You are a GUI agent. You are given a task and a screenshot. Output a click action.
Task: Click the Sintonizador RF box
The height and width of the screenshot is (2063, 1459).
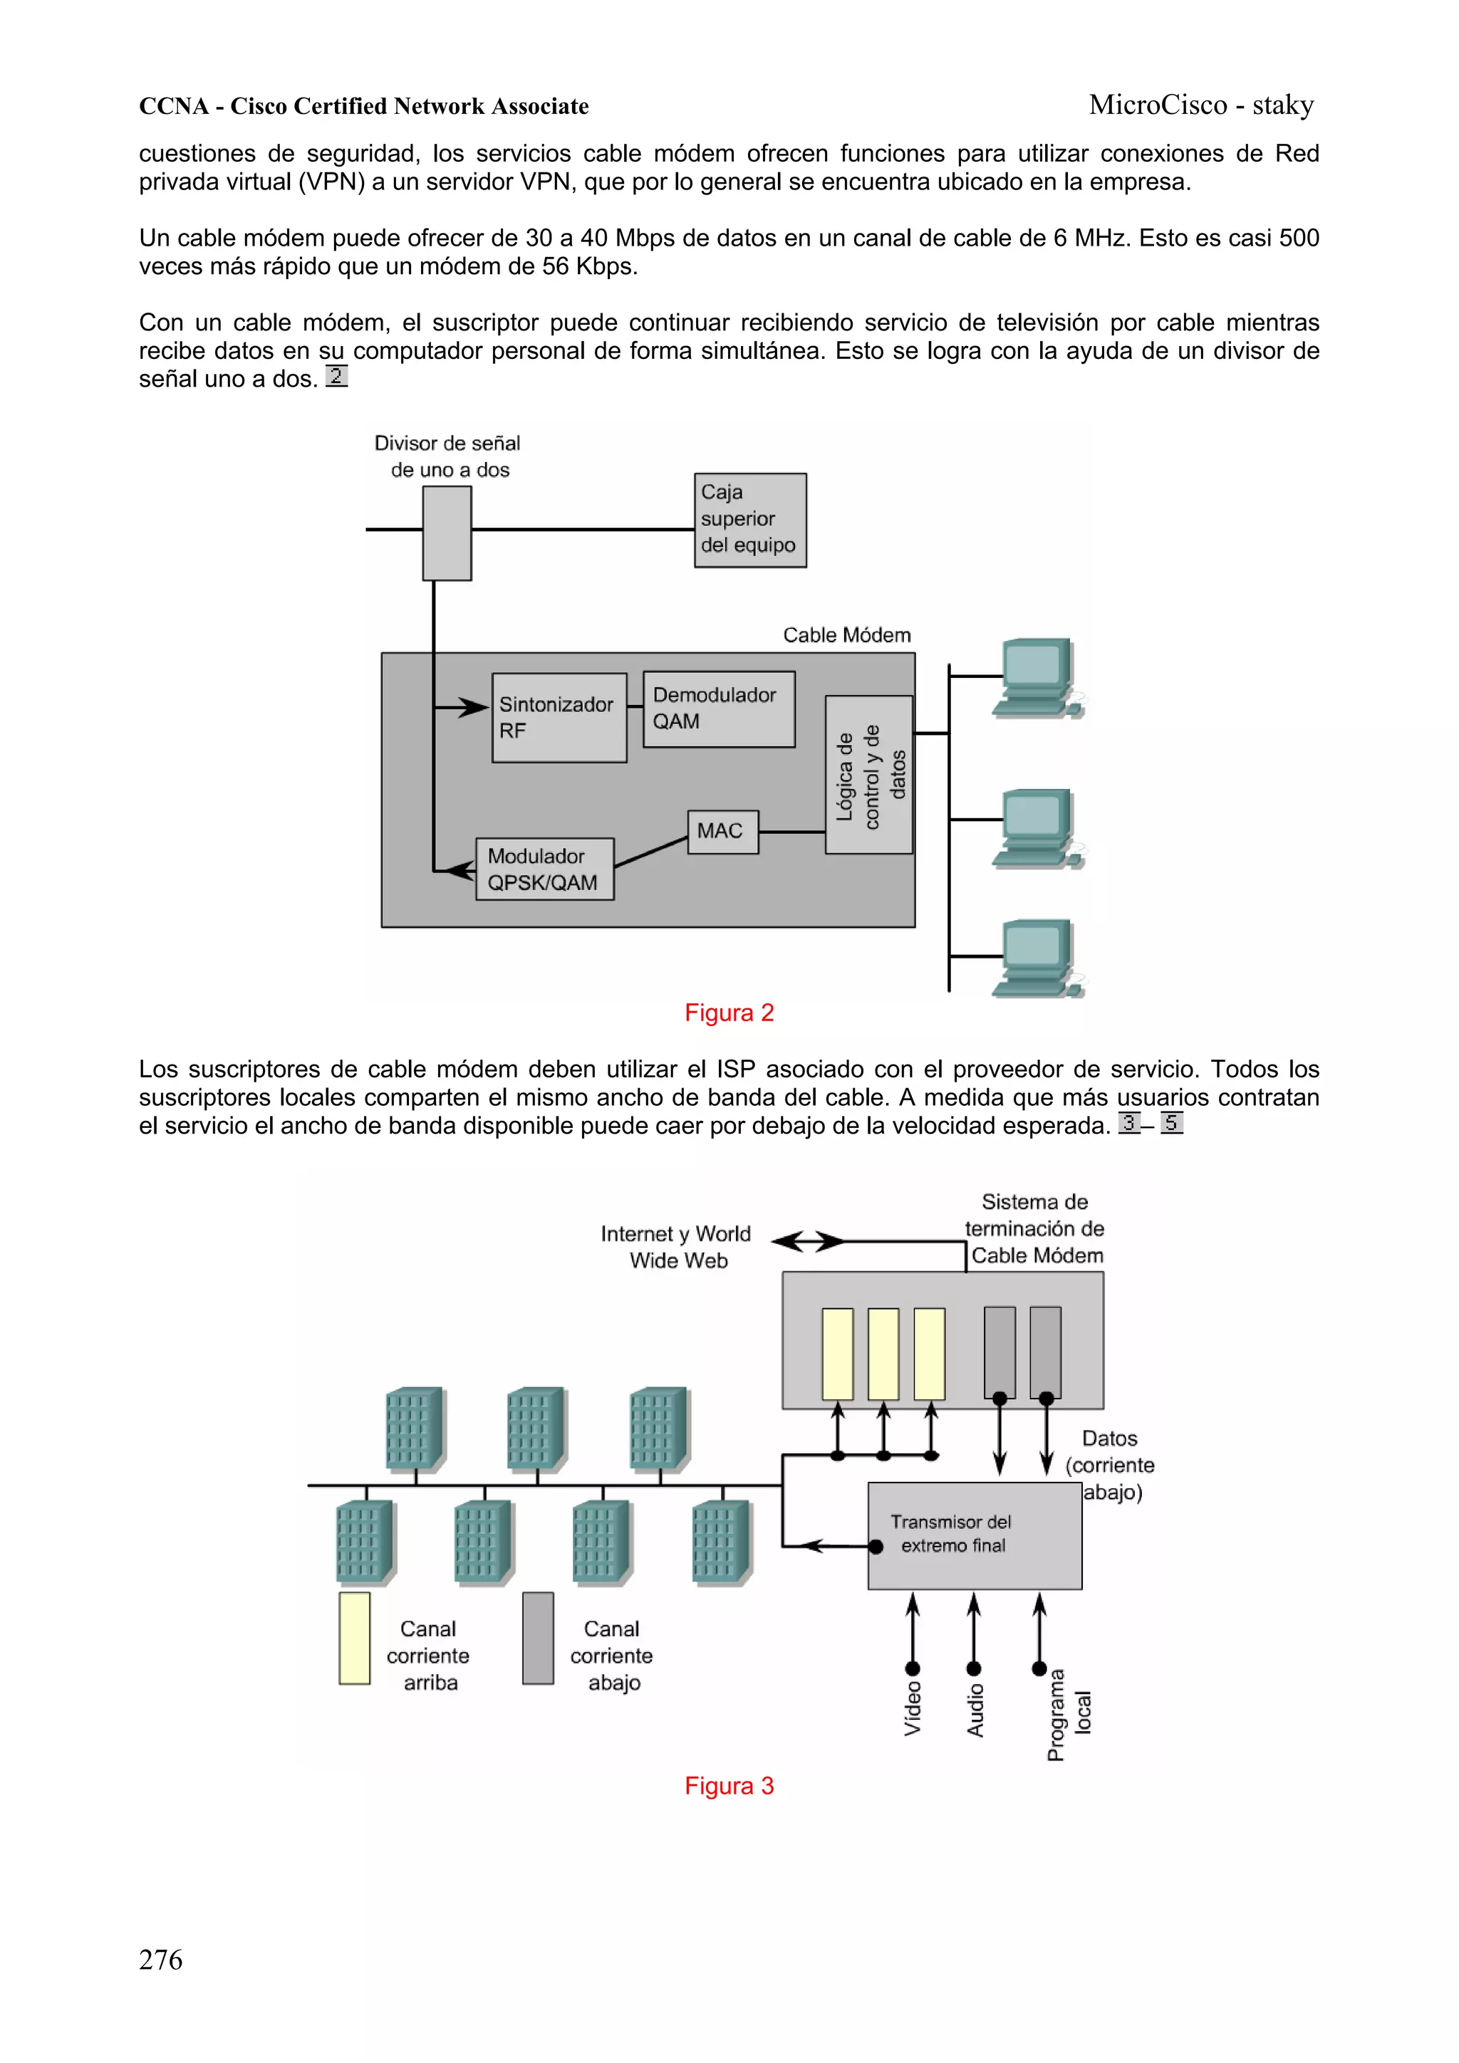click(559, 718)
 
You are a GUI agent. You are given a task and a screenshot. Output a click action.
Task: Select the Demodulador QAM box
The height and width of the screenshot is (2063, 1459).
click(718, 709)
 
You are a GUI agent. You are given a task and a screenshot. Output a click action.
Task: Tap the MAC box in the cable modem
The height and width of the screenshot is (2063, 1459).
click(722, 831)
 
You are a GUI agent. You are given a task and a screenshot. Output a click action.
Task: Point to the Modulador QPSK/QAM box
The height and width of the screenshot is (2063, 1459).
click(544, 869)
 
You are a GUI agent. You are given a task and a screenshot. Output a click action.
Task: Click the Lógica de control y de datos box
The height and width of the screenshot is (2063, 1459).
click(868, 775)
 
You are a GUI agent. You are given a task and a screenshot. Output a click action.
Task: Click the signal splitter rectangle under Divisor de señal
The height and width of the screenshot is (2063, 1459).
click(447, 533)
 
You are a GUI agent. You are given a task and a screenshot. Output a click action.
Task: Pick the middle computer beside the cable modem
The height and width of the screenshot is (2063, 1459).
click(1038, 827)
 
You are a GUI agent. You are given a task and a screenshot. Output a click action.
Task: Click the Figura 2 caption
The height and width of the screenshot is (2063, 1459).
click(729, 1013)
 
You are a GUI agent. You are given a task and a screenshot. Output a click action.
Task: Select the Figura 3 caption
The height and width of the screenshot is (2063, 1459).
click(729, 1785)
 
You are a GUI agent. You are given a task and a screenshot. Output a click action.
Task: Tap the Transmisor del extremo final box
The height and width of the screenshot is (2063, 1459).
click(974, 1535)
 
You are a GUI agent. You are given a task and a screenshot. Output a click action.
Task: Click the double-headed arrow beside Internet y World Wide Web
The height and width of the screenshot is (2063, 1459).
click(807, 1242)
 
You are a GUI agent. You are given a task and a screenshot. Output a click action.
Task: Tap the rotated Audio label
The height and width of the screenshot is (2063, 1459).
click(975, 1709)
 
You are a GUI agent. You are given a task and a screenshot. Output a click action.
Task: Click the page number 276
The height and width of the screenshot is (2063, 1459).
click(161, 1960)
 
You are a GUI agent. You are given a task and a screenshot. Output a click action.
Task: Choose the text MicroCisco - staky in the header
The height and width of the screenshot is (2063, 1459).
click(1201, 105)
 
